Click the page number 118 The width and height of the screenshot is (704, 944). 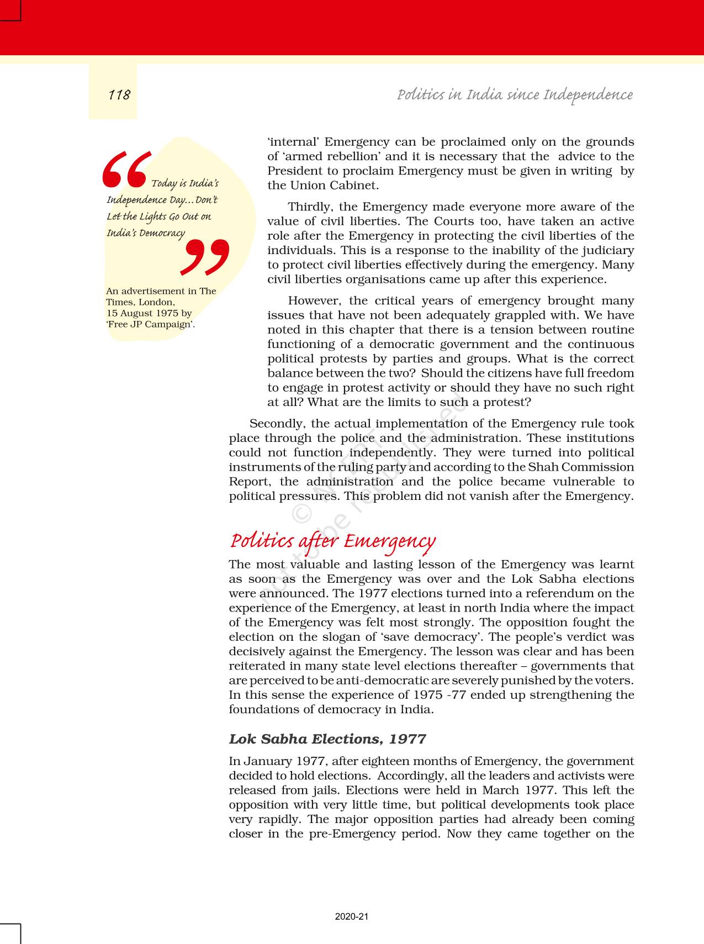[x=119, y=95]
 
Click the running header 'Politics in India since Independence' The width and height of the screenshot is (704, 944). [x=515, y=95]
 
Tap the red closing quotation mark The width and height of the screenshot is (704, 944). [x=205, y=257]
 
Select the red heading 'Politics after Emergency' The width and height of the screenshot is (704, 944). [x=332, y=541]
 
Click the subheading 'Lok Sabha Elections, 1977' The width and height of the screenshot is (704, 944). [x=327, y=739]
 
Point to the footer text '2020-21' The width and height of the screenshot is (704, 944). [x=352, y=916]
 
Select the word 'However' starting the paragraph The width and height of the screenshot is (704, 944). [x=314, y=301]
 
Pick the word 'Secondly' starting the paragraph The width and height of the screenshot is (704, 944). [x=277, y=424]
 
